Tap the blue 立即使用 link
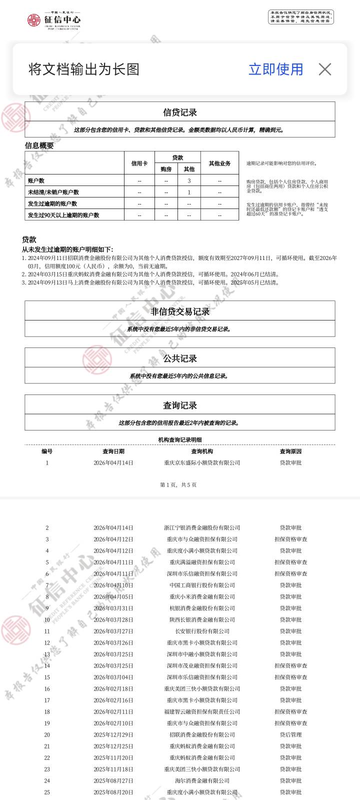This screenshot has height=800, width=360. (x=275, y=69)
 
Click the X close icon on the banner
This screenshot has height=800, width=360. (x=325, y=69)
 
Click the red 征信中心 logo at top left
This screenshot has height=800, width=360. (x=53, y=20)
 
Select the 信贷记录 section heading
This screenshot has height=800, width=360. (x=180, y=112)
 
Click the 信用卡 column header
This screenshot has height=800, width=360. (x=139, y=163)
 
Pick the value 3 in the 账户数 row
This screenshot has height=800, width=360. (x=189, y=180)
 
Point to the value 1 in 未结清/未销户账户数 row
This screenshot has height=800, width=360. (x=189, y=192)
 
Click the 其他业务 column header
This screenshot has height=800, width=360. (x=219, y=163)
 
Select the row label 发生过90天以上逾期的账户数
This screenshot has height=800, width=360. (x=63, y=215)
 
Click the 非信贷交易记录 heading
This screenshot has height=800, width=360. (x=180, y=311)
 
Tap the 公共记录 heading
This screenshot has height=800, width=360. (x=180, y=358)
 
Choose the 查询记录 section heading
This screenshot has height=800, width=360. (x=180, y=405)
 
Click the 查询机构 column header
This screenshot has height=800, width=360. (x=202, y=451)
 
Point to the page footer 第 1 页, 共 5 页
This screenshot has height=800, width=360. (x=178, y=484)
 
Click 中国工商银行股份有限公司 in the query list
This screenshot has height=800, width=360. (x=202, y=585)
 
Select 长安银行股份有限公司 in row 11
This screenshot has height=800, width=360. (x=202, y=631)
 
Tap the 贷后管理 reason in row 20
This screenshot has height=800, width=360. (x=290, y=734)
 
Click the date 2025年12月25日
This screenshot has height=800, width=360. (x=113, y=746)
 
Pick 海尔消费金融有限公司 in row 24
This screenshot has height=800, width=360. (x=202, y=780)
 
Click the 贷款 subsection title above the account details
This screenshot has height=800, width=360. (x=29, y=239)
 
